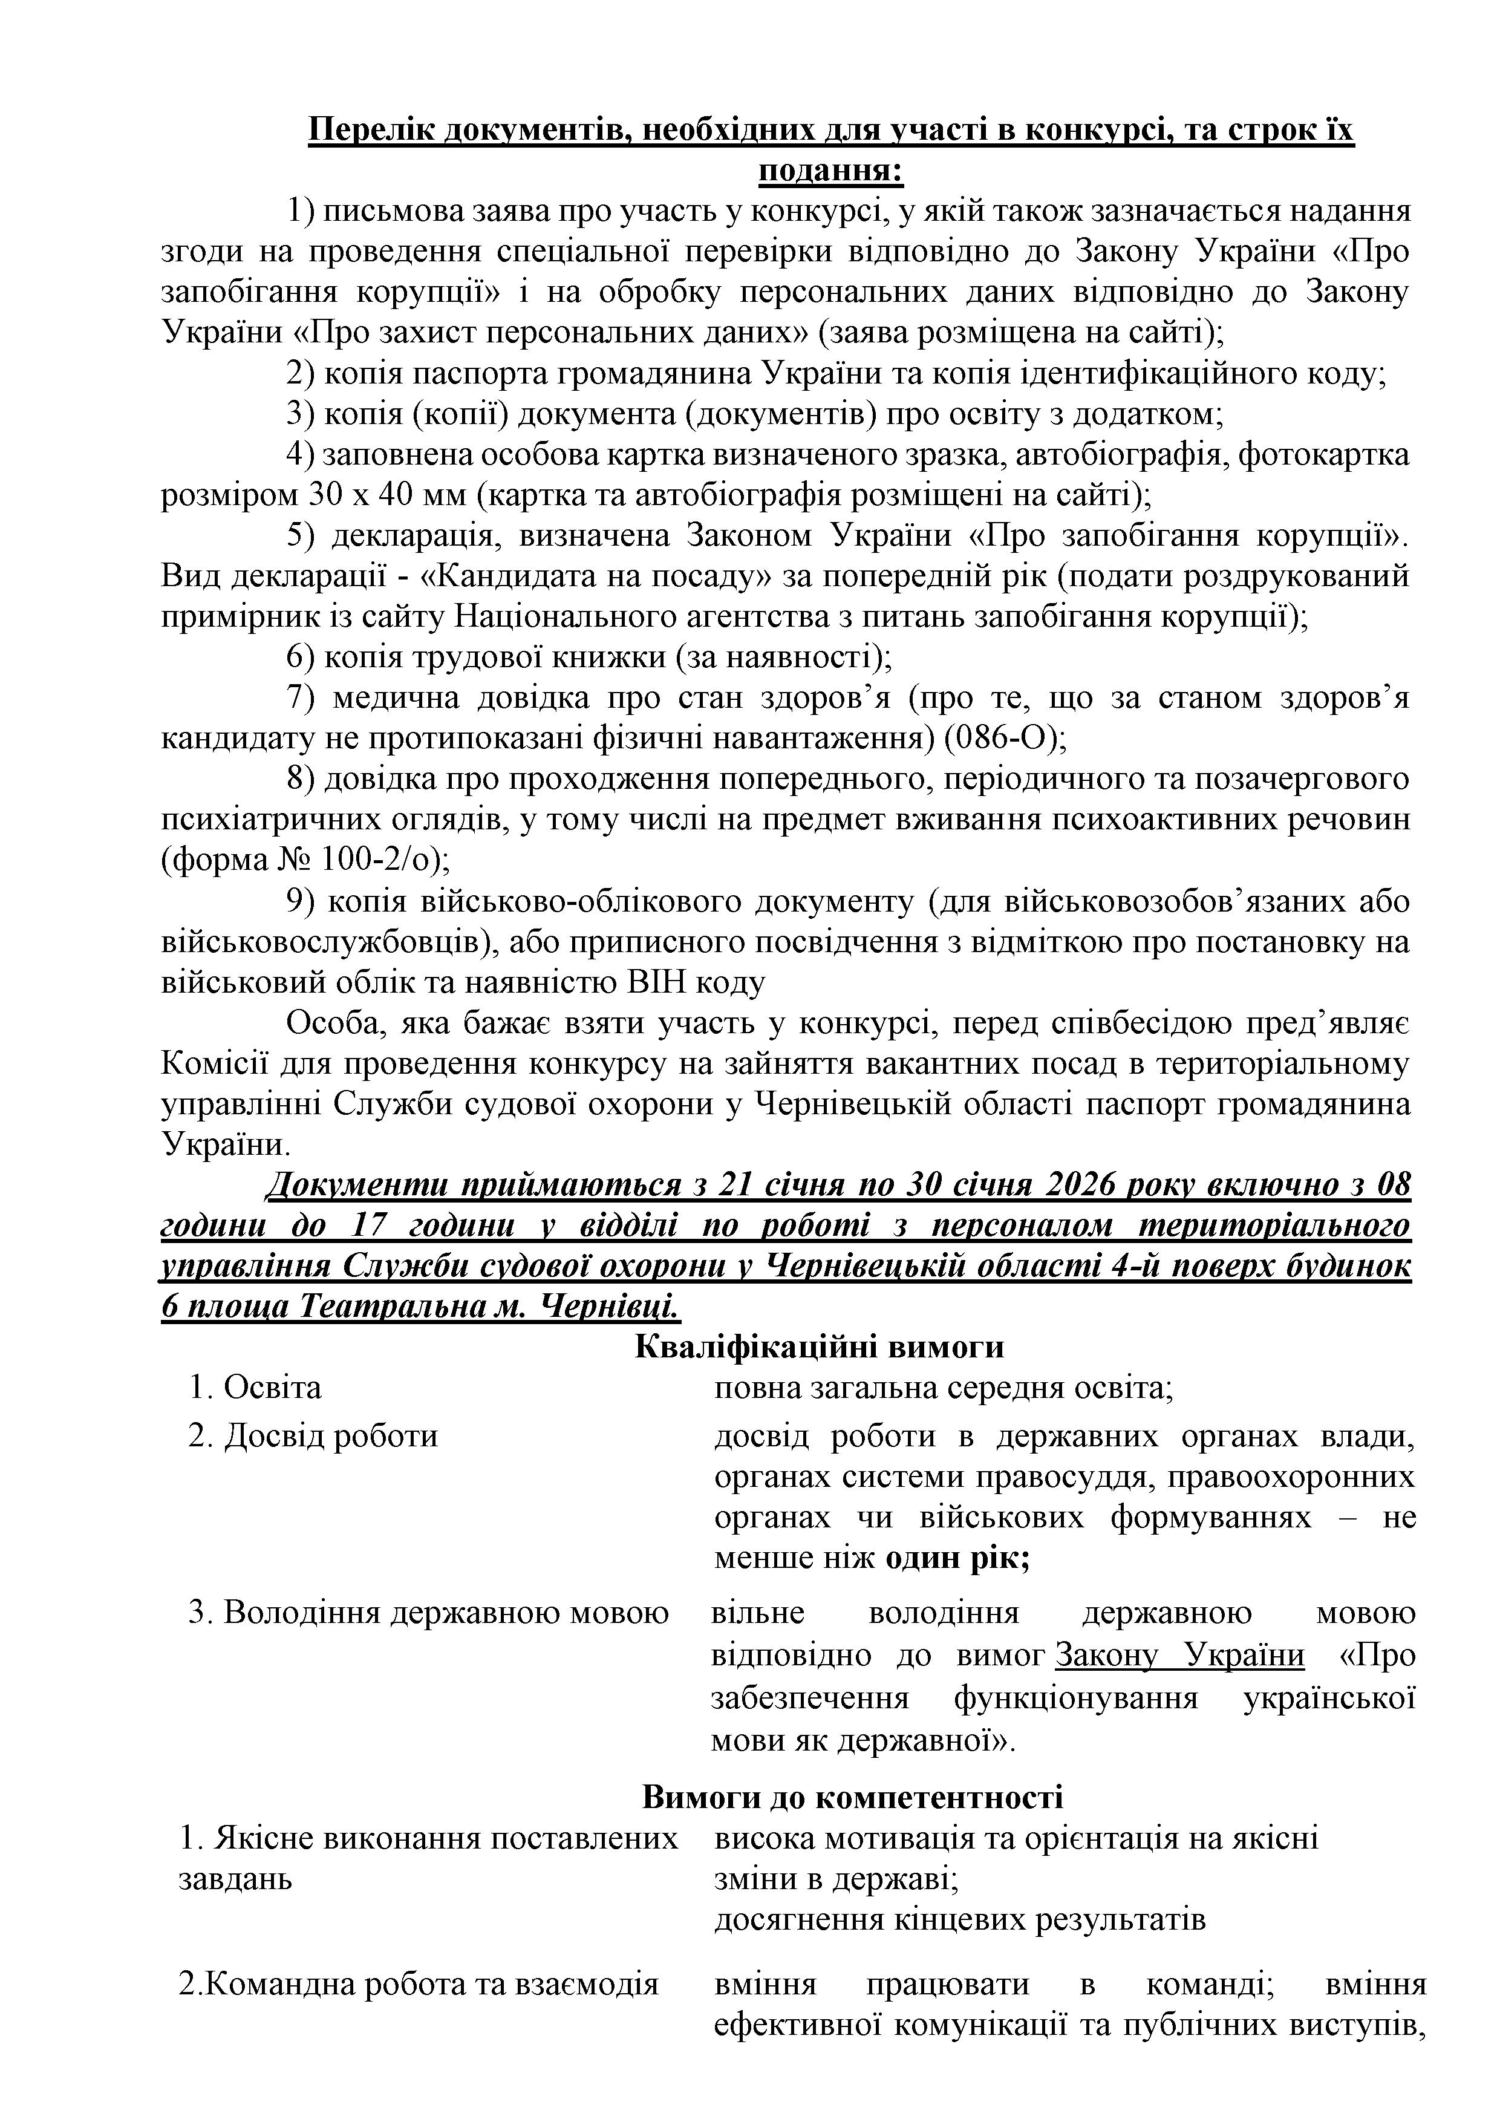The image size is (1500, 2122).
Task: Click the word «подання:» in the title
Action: (831, 172)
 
